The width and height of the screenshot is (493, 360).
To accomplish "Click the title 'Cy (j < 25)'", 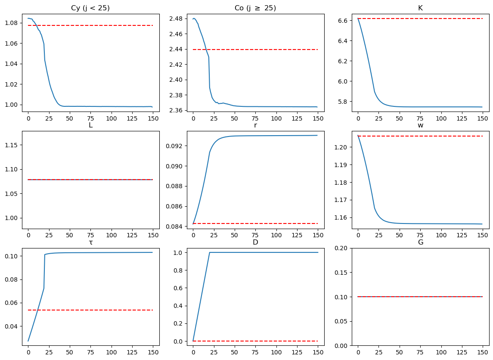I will click(90, 8).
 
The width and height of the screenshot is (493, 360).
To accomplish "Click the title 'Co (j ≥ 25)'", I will click(255, 8).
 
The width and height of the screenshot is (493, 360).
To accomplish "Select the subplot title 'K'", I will click(420, 8).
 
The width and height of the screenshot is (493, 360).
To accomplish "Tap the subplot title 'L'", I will click(90, 125).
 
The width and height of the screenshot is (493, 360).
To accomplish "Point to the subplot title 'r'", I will click(255, 125).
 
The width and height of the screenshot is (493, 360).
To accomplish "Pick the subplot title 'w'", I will click(420, 125).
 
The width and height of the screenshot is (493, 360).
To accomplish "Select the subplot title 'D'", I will click(255, 242).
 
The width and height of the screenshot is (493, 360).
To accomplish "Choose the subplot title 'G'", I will click(420, 242).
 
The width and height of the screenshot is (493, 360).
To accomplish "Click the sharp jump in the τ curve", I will click(44, 271).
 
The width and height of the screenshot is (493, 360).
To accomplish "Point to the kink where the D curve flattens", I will click(210, 252).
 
